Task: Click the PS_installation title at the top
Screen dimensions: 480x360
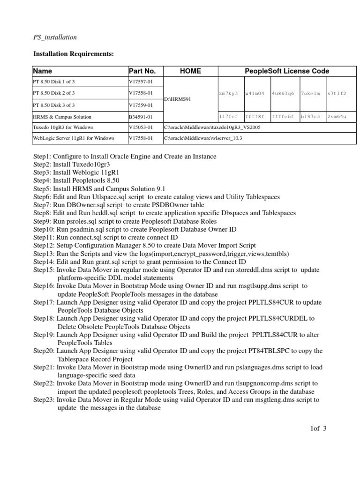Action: (55, 37)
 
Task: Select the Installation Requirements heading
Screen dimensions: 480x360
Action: (74, 54)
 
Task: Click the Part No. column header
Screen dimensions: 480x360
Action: (142, 71)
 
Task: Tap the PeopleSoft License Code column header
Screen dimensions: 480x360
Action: (287, 71)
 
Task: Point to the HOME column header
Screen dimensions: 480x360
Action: (190, 71)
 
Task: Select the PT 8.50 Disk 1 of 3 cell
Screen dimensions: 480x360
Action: (54, 82)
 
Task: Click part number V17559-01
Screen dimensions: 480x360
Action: (141, 105)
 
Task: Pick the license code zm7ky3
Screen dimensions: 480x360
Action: (228, 94)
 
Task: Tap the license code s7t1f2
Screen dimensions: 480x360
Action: (337, 94)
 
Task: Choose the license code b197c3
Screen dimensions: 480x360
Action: (310, 117)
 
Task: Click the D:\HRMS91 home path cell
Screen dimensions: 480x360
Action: (177, 99)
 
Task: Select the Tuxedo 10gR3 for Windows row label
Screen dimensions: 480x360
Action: (63, 127)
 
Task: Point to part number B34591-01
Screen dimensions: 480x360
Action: (141, 117)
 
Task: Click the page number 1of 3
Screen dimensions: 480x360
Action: (317, 428)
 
